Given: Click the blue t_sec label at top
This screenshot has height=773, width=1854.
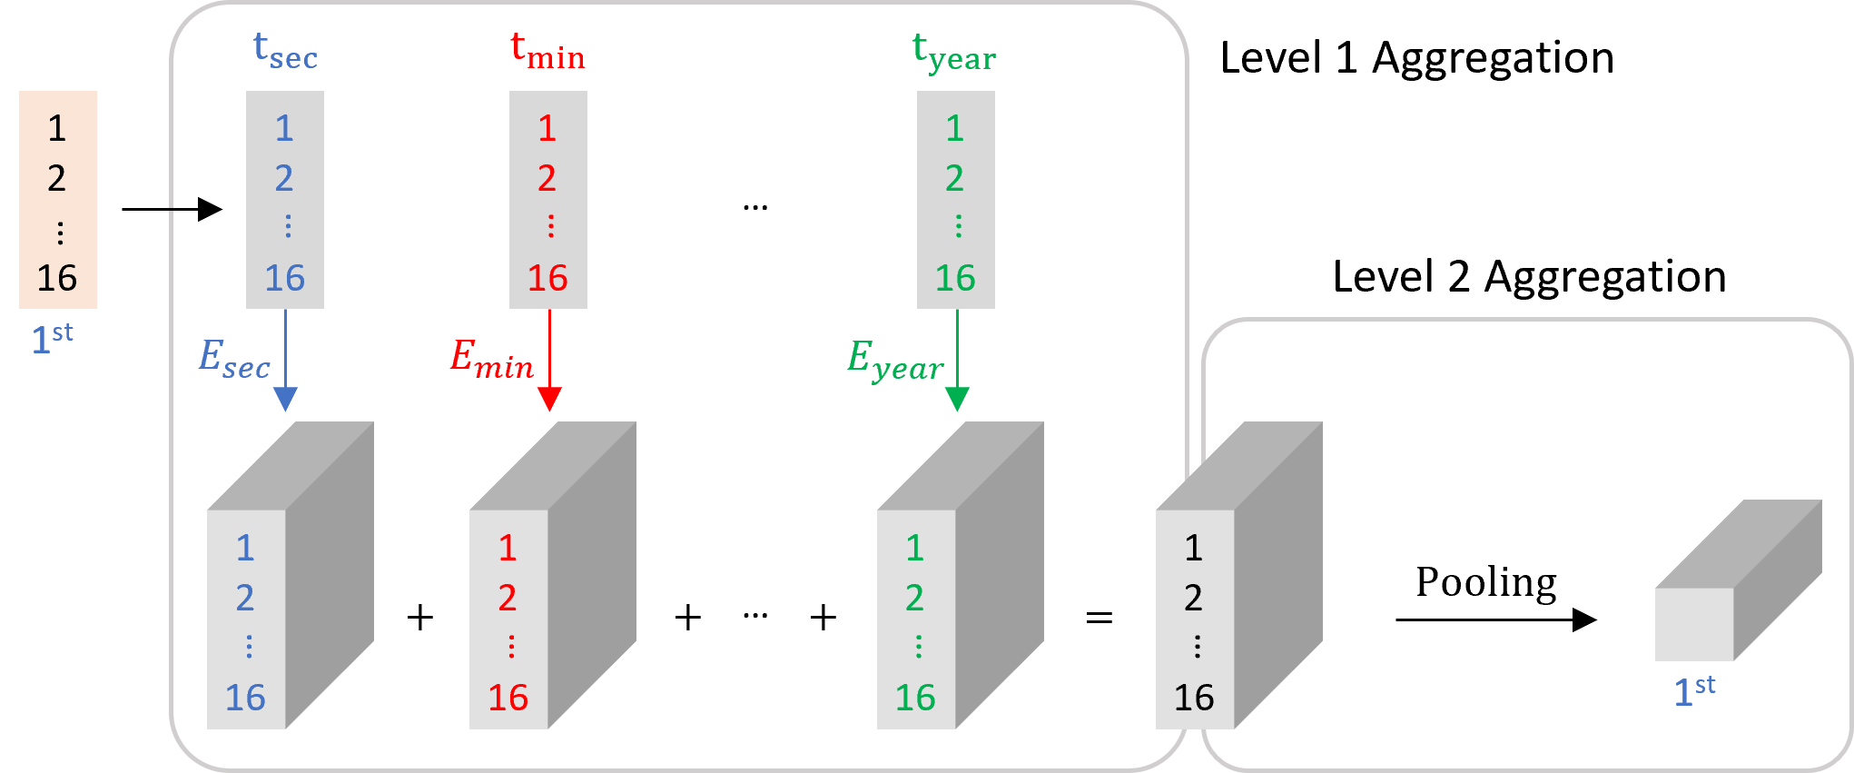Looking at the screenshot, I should pyautogui.click(x=284, y=51).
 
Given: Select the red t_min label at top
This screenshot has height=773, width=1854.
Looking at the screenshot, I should pyautogui.click(x=547, y=51).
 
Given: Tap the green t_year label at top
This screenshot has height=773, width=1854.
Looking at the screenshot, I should pyautogui.click(x=953, y=52).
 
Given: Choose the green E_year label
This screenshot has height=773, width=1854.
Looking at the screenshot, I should pyautogui.click(x=894, y=360).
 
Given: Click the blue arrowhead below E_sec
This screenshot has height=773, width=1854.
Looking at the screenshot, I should pyautogui.click(x=285, y=398).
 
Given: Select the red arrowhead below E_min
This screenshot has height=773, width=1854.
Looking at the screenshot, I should pyautogui.click(x=549, y=398).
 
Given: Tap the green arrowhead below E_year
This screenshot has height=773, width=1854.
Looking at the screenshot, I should pyautogui.click(x=957, y=398).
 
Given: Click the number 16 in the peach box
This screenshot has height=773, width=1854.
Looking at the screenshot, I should pyautogui.click(x=56, y=278).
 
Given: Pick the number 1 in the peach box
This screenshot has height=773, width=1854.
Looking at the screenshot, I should pyautogui.click(x=56, y=129).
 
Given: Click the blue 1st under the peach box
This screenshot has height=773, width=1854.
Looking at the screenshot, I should pyautogui.click(x=52, y=339).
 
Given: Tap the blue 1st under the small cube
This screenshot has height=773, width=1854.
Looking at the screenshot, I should pyautogui.click(x=1694, y=691).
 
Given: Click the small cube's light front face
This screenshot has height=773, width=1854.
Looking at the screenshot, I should pyautogui.click(x=1693, y=624).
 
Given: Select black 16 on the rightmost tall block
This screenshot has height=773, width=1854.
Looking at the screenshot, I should pyautogui.click(x=1193, y=698).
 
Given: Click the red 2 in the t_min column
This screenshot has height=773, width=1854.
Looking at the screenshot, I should pyautogui.click(x=547, y=178).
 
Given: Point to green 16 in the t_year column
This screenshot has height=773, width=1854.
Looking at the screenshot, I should pyautogui.click(x=955, y=278).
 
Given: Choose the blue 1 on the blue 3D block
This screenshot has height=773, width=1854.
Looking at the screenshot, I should pyautogui.click(x=245, y=548).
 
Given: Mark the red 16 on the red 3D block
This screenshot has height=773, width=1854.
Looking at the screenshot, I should pyautogui.click(x=508, y=698).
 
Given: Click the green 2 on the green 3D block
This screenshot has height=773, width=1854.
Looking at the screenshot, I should pyautogui.click(x=914, y=598).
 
